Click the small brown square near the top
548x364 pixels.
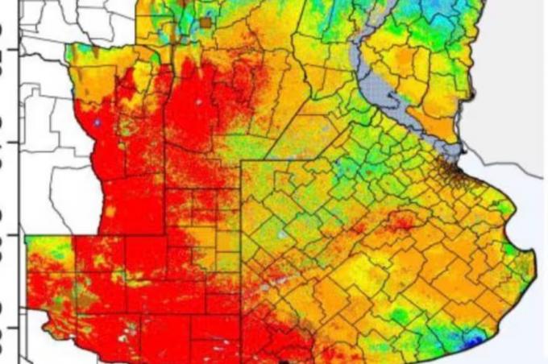tap(207, 23)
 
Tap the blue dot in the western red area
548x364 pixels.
tap(97, 123)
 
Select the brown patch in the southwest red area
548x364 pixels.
tap(87, 301)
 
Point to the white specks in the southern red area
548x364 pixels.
tap(129, 330)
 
